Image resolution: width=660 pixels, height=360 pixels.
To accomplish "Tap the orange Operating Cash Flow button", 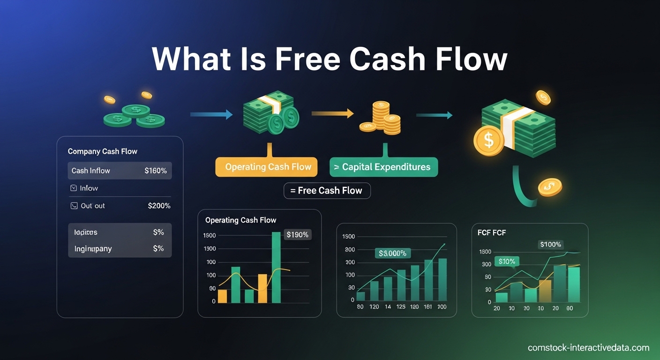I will (266, 167).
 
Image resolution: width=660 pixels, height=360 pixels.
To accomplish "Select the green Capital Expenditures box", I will (383, 167).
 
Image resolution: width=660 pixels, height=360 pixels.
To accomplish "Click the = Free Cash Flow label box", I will (327, 191).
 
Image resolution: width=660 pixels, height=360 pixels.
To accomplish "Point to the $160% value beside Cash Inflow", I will (156, 171).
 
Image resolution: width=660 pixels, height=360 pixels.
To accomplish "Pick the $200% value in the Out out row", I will (159, 206).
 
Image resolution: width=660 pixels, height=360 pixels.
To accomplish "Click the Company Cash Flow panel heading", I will (103, 151).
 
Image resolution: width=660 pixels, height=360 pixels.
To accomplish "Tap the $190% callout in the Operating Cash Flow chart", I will (297, 234).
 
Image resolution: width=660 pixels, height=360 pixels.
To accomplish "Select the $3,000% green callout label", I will (392, 253).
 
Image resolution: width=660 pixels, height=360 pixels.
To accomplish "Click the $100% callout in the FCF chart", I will (551, 244).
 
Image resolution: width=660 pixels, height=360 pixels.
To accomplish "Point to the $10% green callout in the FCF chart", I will (507, 262).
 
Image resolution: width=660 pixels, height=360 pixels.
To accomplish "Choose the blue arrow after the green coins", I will (211, 114).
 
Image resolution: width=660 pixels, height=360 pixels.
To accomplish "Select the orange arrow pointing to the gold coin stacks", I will (332, 113).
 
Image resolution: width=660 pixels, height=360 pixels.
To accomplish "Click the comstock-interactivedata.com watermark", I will (588, 348).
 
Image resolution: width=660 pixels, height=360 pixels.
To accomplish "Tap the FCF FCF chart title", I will (492, 232).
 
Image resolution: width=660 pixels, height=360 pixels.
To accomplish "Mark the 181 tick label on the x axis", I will (427, 307).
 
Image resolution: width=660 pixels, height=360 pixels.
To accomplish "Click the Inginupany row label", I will (93, 248).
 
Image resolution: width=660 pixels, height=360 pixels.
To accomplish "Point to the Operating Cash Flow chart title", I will (240, 220).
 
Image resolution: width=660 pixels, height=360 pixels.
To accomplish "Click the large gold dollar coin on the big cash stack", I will (488, 140).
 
